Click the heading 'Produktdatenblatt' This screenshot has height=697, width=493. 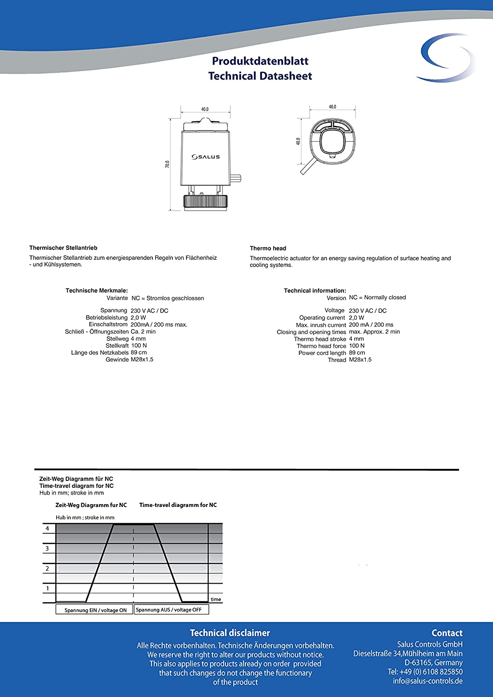click(x=260, y=61)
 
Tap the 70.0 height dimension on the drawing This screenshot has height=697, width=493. click(x=167, y=164)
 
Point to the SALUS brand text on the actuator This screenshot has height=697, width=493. click(x=206, y=157)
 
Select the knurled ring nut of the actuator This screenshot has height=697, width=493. click(x=205, y=201)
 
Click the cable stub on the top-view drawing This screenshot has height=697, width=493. click(x=308, y=168)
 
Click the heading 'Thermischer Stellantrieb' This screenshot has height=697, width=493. click(x=63, y=248)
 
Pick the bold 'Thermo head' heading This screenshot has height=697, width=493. click(x=268, y=248)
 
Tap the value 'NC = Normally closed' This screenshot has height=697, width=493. click(x=377, y=297)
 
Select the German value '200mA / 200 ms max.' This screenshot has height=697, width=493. click(x=159, y=324)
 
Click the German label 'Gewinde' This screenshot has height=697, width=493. click(x=117, y=360)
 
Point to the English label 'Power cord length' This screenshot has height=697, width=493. click(x=322, y=353)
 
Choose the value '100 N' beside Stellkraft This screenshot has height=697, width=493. click(x=138, y=346)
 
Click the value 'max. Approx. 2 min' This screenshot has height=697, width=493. click(x=374, y=332)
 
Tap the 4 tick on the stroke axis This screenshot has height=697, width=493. click(x=47, y=528)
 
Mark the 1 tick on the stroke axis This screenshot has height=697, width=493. click(x=47, y=588)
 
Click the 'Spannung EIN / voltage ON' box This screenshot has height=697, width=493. click(x=95, y=610)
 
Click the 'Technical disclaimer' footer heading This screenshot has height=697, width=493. click(x=230, y=633)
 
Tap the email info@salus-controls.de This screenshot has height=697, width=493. click(x=427, y=681)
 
